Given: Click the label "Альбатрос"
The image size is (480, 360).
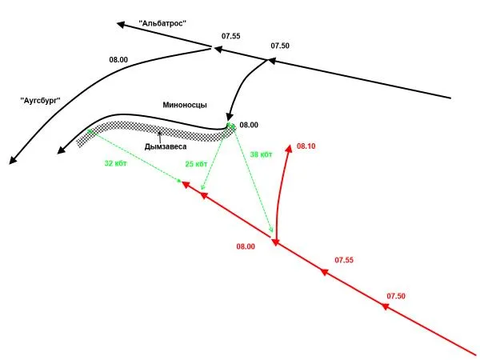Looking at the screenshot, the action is pos(162,23).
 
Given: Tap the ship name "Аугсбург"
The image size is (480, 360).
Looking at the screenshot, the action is pos(41,101).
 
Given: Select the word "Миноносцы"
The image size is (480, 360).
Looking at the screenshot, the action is pos(185,105).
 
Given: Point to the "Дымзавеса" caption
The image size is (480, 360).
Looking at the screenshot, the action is pos(166,146).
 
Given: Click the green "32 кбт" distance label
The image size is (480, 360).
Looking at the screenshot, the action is pos(115,163).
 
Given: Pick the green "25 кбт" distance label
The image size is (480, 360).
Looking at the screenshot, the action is pos(196,164).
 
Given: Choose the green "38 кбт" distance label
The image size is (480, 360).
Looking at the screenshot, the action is pos(261,154).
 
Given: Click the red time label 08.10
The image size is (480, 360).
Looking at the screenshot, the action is pos(306,146).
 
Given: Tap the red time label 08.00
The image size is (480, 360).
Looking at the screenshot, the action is pos(246,246).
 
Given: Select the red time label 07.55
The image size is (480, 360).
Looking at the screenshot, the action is pos(344,260).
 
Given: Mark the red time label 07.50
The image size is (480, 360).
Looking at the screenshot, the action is pos(396,296).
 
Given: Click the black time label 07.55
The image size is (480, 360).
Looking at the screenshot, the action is pos(231,36).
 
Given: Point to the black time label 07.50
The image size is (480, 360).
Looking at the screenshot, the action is pos(280,46).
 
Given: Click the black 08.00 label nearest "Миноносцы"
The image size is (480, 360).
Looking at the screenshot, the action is pos(249,125).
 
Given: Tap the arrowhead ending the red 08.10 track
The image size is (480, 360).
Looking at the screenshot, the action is pos(289,148).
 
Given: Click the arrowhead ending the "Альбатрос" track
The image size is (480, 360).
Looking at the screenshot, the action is pos(121,25).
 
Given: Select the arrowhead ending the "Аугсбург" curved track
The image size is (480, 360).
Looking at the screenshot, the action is pos(13,161).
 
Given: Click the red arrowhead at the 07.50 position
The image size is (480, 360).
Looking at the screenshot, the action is pos(384,306).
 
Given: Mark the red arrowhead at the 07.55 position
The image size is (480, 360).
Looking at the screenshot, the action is pos(324,271).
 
